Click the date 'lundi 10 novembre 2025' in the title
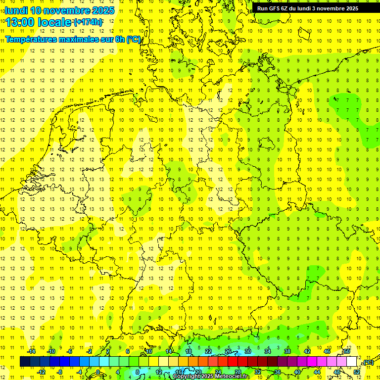60,10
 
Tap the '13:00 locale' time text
38,22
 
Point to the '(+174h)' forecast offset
88,22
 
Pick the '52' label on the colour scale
357,372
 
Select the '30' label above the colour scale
247,351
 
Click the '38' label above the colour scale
287,351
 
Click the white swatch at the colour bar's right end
352,362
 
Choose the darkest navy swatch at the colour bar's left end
25,362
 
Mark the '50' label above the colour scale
346,351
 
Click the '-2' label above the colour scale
90,351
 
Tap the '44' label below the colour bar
317,372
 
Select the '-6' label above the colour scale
70,351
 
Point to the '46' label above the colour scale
327,351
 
